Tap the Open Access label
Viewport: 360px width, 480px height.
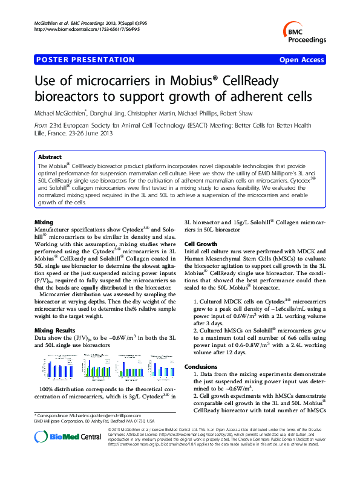point(303,60)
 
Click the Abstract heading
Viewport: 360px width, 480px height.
point(50,157)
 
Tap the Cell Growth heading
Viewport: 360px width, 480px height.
point(201,244)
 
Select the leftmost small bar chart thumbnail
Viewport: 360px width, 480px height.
point(55,365)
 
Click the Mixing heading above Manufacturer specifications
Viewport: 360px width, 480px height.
point(44,222)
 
